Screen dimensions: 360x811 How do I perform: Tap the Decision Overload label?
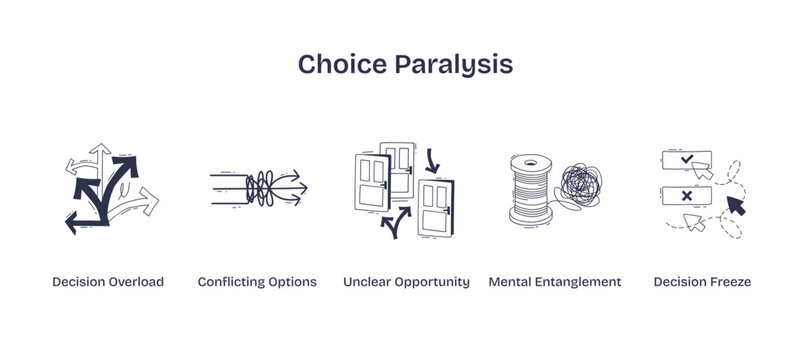108,282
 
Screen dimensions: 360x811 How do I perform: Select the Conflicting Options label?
257,282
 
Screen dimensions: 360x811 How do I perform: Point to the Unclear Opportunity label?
406,282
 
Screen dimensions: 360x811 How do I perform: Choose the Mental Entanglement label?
555,282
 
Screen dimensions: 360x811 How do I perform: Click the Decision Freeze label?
702,282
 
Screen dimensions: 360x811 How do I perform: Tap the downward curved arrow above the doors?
433,159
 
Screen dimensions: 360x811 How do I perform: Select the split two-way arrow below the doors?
397,221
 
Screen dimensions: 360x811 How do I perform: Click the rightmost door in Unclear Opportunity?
438,206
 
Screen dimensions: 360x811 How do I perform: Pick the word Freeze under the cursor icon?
729,282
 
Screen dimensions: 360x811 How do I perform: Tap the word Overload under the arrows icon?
136,282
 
